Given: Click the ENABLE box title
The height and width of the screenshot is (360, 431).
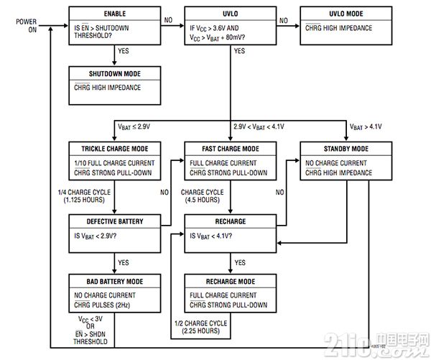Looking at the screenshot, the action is (115, 14).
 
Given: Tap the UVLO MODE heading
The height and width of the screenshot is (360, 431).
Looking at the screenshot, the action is (346, 14).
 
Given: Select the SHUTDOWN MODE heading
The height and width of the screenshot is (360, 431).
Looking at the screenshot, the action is (115, 74).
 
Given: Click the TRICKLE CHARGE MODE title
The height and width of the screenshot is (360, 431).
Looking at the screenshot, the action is (115, 149).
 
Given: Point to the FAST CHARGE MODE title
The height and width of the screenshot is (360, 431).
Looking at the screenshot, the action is (231, 149).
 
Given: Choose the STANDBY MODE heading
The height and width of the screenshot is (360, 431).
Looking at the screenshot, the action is (346, 149).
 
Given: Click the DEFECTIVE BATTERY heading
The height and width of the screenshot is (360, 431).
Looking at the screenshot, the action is (115, 221).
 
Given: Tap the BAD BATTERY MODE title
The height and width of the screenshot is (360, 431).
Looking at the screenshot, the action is (115, 282).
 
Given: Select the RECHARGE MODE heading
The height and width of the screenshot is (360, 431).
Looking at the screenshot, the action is (231, 282).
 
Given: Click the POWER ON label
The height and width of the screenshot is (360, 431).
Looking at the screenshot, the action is (27, 26).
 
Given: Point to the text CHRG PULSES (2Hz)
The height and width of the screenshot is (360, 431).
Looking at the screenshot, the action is (102, 305).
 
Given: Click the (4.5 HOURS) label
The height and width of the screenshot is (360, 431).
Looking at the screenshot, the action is (203, 200).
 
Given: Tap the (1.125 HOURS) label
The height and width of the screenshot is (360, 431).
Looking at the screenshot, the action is (84, 200).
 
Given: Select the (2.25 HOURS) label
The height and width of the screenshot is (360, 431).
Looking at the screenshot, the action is (200, 331).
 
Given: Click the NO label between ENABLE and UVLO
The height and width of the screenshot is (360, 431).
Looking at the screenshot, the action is (168, 20).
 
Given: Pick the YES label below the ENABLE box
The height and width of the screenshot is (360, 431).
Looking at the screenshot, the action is (123, 51).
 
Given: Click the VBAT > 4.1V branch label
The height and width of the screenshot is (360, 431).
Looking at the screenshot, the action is (366, 126).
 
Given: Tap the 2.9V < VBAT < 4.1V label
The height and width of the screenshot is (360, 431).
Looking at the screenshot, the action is (259, 126).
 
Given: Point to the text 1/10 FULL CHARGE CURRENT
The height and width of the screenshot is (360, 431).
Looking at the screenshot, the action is (114, 163).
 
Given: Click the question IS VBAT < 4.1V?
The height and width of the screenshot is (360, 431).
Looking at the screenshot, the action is (210, 236).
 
